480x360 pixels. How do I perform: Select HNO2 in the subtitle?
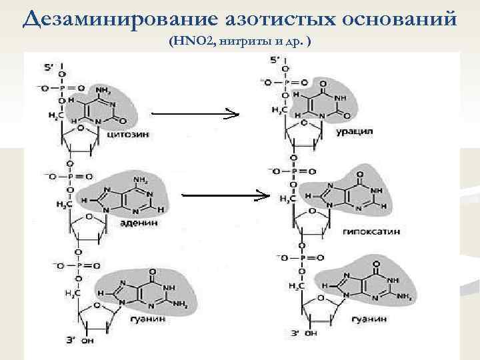click(193, 41)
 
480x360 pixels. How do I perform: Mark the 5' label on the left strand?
click(49, 67)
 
